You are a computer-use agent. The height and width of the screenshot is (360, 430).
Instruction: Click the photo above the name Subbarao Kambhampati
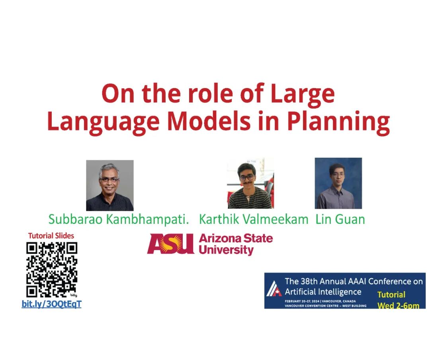110,186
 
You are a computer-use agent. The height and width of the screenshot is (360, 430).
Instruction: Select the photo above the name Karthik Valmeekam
251,183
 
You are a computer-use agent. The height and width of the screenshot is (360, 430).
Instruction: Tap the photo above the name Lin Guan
338,183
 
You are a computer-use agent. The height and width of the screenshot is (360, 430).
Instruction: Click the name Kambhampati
148,219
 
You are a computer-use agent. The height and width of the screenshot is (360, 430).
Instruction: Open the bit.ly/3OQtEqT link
51,304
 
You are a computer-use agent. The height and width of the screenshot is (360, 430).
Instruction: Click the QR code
52,270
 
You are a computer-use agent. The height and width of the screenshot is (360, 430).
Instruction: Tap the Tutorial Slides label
51,236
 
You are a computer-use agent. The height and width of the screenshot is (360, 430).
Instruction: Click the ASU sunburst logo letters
170,244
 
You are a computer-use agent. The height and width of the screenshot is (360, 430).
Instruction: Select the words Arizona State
236,238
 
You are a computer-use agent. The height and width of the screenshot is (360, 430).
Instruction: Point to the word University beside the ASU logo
226,250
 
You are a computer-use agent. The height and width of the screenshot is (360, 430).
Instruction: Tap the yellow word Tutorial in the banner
391,295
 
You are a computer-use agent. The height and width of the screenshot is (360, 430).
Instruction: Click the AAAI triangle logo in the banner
274,289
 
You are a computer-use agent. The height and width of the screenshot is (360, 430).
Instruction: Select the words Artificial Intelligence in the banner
323,292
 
